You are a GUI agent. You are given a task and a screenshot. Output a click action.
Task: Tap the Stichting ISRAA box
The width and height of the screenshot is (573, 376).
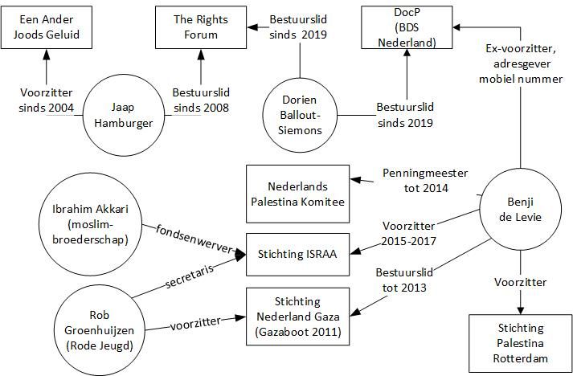pos(297,255)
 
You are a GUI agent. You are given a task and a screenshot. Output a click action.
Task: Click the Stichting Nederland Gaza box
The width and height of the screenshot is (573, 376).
pos(297,316)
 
